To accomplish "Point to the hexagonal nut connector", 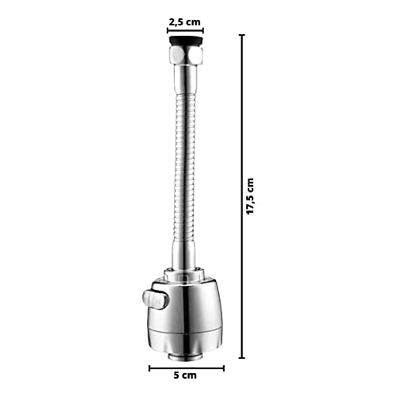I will coord(186,55).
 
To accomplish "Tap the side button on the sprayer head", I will coord(156,300).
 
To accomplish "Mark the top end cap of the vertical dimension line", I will coord(241,34).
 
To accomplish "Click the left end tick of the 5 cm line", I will coord(149,368).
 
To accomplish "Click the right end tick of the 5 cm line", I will coord(224,368).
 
